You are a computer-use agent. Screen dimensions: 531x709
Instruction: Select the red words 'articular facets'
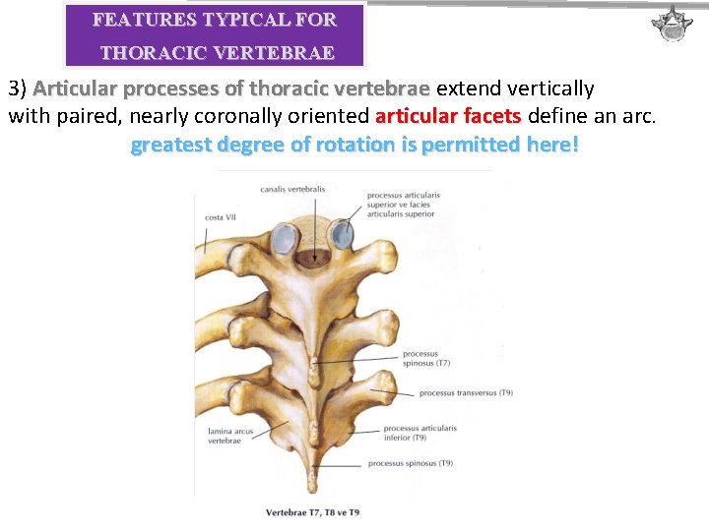(x=448, y=117)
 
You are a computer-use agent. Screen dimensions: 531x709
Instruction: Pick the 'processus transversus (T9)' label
(x=465, y=393)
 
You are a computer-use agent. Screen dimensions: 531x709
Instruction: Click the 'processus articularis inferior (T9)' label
(x=419, y=434)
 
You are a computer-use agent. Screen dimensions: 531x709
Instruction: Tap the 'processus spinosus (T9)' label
(x=410, y=462)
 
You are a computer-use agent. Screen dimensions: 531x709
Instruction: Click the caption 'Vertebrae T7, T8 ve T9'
(x=312, y=512)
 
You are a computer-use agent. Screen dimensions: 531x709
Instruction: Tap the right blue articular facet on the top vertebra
(x=344, y=234)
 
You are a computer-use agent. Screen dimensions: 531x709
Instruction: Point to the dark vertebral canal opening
(x=314, y=257)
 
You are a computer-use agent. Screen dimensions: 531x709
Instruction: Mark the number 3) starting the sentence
(x=16, y=89)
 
